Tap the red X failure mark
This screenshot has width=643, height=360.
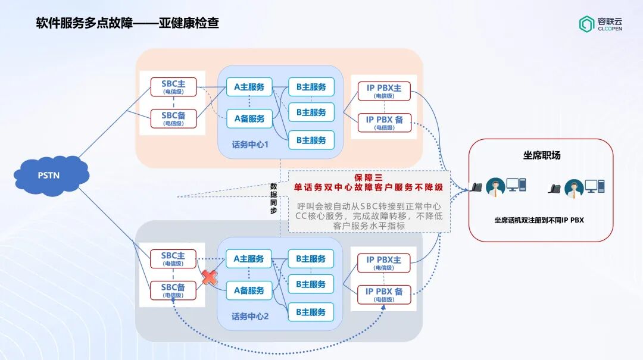pyautogui.click(x=209, y=277)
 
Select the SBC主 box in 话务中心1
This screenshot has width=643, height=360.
pyautogui.click(x=173, y=87)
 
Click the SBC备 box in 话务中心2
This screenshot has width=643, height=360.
pyautogui.click(x=173, y=290)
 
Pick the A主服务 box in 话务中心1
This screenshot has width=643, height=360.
pyautogui.click(x=249, y=87)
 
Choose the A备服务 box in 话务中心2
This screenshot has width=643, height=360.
pyautogui.click(x=249, y=290)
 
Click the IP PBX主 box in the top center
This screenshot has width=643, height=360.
pyautogui.click(x=384, y=91)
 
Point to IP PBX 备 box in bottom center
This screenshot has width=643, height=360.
pyautogui.click(x=384, y=295)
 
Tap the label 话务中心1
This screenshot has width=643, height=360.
pyautogui.click(x=251, y=145)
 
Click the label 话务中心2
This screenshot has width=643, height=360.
pyautogui.click(x=251, y=317)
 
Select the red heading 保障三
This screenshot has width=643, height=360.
pyautogui.click(x=369, y=177)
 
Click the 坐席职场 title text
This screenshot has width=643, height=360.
pyautogui.click(x=541, y=156)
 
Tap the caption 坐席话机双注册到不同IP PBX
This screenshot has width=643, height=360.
pyautogui.click(x=539, y=220)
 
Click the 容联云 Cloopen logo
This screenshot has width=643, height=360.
pyautogui.click(x=600, y=24)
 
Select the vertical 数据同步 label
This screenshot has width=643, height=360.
pyautogui.click(x=274, y=198)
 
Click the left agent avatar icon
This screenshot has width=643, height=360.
pyautogui.click(x=495, y=187)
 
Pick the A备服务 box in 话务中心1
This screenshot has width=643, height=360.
pyautogui.click(x=249, y=118)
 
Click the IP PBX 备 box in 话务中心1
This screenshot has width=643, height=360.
pyautogui.click(x=384, y=123)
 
